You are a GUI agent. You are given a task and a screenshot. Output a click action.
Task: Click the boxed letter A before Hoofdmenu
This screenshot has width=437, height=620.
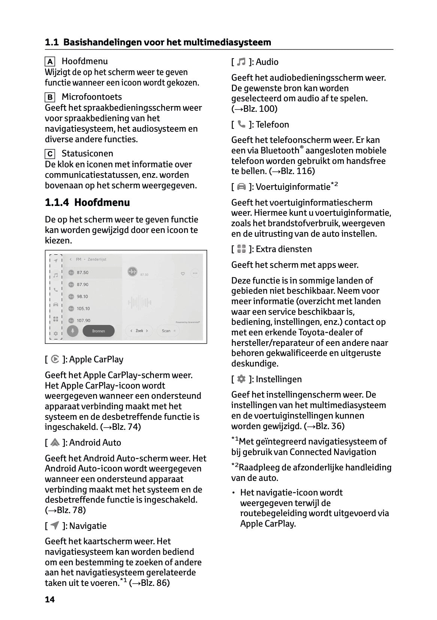coord(50,62)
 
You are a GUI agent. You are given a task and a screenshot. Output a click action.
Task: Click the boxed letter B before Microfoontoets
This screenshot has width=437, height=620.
coord(50,98)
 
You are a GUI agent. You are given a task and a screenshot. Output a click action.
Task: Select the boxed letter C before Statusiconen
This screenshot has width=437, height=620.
coord(50,154)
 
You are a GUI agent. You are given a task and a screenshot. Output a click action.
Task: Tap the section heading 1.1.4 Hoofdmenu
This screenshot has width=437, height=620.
coord(87,203)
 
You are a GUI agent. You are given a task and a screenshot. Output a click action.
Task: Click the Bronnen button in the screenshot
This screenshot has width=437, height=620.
coord(98,331)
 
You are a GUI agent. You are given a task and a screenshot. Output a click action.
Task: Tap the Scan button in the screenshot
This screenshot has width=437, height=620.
coord(168,330)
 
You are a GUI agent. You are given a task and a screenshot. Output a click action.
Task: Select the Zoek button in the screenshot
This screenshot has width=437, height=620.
coord(139,330)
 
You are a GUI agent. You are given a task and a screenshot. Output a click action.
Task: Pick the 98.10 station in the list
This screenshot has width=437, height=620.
coord(82,296)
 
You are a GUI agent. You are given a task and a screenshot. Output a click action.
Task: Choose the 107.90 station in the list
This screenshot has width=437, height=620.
coord(83,320)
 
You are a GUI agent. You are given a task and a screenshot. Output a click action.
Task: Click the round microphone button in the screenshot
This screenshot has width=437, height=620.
coord(72,331)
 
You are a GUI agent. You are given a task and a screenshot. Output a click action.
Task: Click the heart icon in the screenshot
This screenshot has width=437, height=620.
coord(183,273)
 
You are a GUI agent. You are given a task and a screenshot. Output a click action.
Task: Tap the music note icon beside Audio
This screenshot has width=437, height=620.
coord(242,62)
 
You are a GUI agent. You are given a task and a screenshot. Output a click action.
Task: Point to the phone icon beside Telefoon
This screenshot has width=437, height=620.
coord(242,124)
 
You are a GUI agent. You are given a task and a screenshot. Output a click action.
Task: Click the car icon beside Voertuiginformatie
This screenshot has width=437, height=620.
coord(242,186)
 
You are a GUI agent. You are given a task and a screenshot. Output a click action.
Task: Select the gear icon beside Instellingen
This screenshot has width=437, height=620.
coord(242,379)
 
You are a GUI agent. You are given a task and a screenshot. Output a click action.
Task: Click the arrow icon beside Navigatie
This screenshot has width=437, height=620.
coord(55,525)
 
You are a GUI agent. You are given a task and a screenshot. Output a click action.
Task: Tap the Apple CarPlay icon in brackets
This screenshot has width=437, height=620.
coord(55,359)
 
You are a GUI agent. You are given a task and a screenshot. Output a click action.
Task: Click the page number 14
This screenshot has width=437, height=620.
coord(50,599)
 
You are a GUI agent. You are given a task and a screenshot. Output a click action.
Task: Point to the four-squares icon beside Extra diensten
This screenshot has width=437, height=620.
coord(242,249)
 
